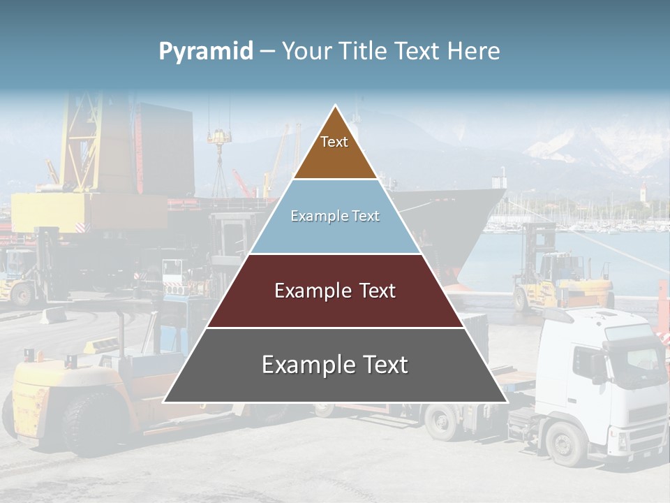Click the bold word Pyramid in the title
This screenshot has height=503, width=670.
205,52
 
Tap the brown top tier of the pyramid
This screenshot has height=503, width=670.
335,157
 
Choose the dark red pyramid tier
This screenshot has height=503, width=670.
335,307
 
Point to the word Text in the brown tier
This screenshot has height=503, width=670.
334,142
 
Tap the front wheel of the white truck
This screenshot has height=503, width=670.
565,443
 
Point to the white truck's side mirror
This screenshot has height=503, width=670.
599,367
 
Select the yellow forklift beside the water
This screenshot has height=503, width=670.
558,272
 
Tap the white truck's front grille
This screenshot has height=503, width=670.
649,412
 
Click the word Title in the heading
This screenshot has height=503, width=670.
364,51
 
